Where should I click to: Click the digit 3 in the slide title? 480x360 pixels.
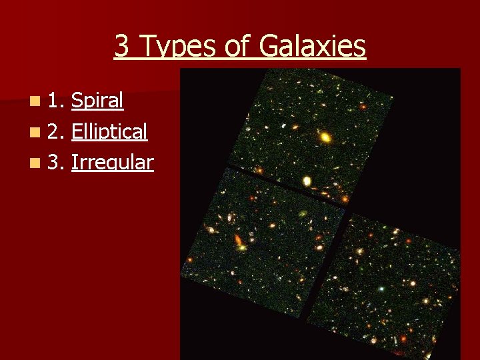pyautogui.click(x=121, y=47)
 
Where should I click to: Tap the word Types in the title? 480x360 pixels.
pyautogui.click(x=174, y=47)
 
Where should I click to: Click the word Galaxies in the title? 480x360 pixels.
pyautogui.click(x=312, y=47)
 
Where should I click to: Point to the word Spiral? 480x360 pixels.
pyautogui.click(x=97, y=101)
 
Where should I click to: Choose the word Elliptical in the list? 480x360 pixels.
pyautogui.click(x=109, y=131)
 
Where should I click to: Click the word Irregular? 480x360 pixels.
pyautogui.click(x=113, y=162)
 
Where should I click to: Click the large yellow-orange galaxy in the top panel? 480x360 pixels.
pyautogui.click(x=325, y=138)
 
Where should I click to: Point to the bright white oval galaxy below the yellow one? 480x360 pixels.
pyautogui.click(x=307, y=180)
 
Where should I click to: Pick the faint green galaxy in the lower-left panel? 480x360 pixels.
pyautogui.click(x=302, y=215)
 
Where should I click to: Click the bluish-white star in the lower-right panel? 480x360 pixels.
pyautogui.click(x=381, y=289)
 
